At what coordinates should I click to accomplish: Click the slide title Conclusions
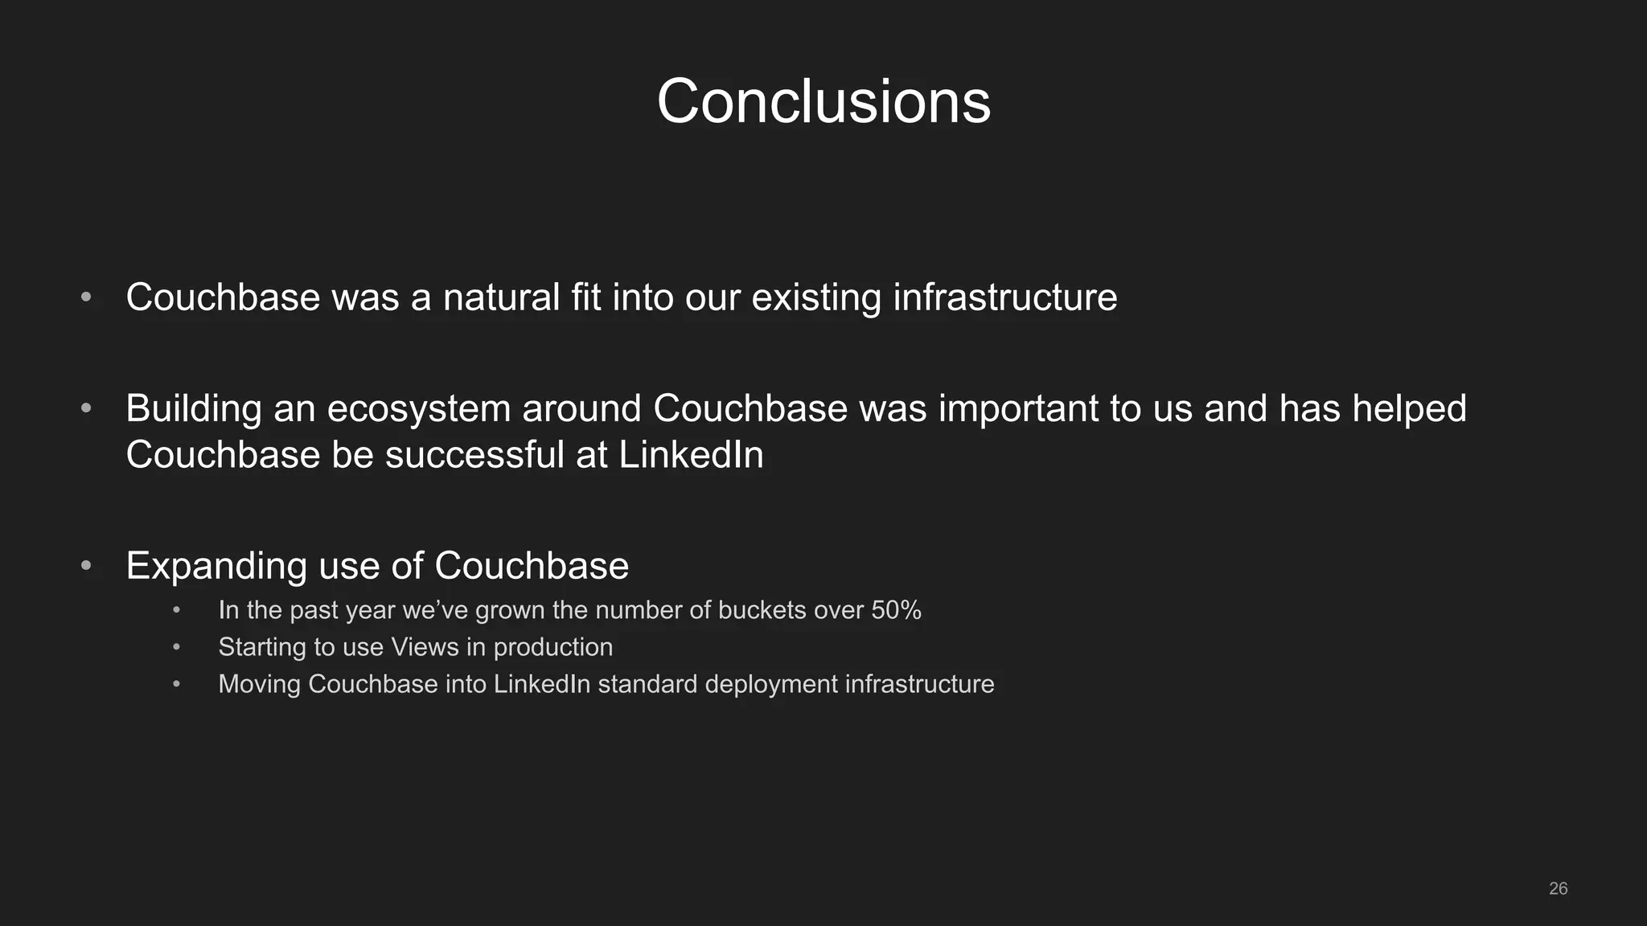823,102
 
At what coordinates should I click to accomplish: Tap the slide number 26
1558,888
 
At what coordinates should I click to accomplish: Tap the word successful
474,455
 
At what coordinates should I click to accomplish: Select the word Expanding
217,567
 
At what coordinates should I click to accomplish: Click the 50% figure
896,610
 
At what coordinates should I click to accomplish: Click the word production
552,647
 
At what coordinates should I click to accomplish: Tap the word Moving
259,684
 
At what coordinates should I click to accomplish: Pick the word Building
194,409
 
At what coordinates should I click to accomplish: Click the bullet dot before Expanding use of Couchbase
86,566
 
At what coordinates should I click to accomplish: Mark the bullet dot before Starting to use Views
176,647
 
